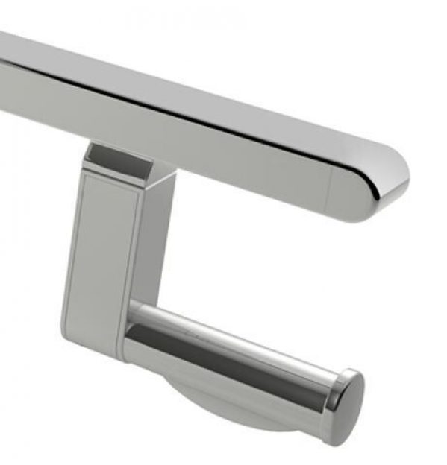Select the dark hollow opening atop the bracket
tap(112, 156)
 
